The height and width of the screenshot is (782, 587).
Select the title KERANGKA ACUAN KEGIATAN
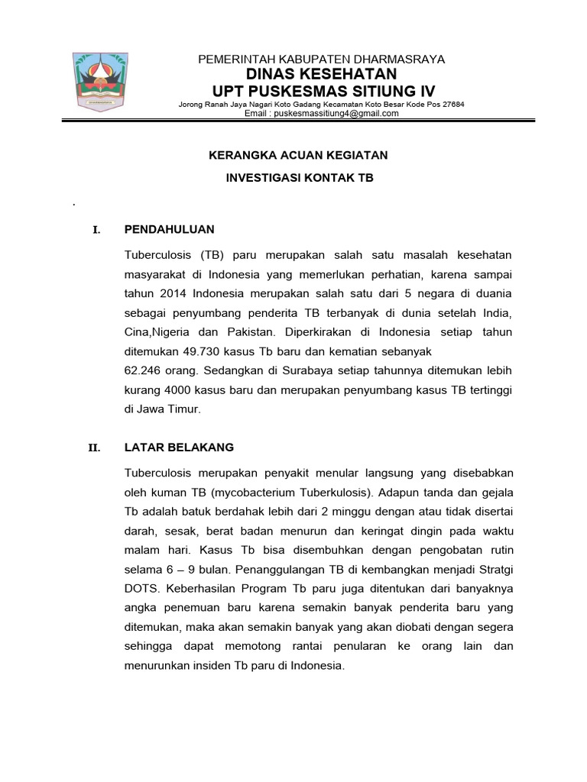click(299, 155)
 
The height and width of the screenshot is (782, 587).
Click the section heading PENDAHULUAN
click(169, 229)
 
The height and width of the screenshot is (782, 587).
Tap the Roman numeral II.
click(95, 448)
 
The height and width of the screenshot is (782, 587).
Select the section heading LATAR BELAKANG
click(179, 448)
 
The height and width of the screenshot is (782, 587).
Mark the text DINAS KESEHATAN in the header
click(321, 74)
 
